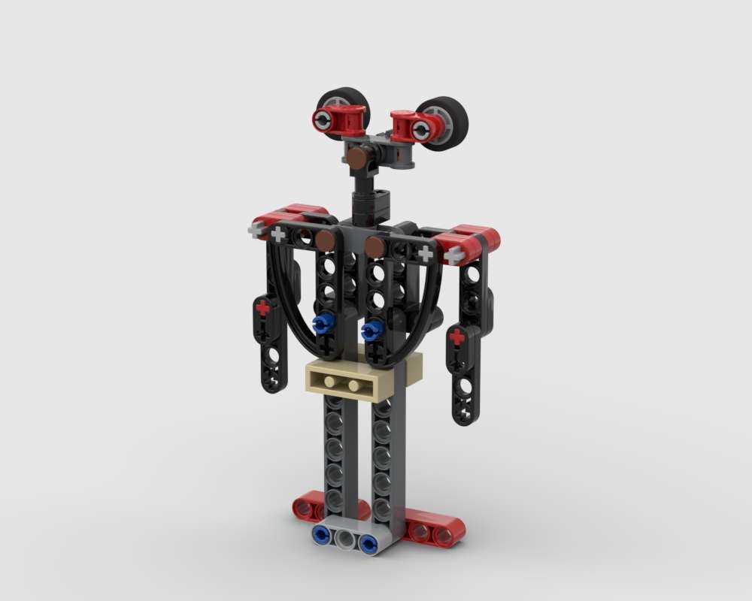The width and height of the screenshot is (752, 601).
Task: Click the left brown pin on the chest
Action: pos(325,240)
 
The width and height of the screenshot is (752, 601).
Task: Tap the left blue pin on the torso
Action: pos(322,324)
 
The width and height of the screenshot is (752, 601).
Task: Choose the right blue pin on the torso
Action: pos(371,331)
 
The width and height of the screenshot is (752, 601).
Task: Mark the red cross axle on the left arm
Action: pos(262,308)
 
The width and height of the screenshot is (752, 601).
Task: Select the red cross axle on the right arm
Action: pos(456,337)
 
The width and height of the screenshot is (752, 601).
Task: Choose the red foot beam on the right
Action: pos(434,530)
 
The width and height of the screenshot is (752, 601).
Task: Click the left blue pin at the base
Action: pos(322,535)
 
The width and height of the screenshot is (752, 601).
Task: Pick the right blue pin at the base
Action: pos(368,544)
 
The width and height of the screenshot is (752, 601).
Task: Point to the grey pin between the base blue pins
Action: pos(344,539)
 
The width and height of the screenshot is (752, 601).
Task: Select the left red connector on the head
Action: pos(339,119)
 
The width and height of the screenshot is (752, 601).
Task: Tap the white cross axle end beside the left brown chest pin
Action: pos(279,234)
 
